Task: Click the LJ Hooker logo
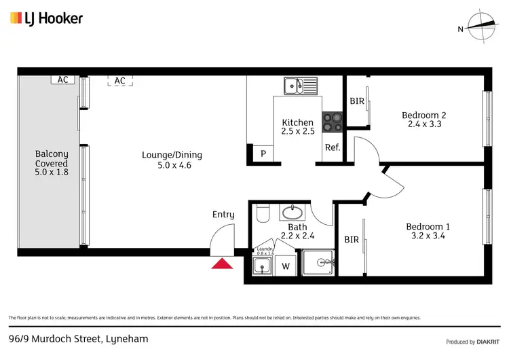coord(46,18)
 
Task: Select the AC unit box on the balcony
coord(63,79)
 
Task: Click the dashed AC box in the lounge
coord(120,81)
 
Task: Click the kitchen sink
coord(300,86)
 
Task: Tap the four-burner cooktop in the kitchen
coord(332,121)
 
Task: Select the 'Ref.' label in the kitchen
coord(332,147)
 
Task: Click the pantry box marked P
coord(263,154)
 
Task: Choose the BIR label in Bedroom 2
coord(356,101)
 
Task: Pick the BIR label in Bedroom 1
coord(351,239)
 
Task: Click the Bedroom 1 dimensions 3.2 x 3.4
coord(428,236)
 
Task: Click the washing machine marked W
coord(286,266)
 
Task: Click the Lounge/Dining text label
coord(172,155)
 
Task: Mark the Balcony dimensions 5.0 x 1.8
coord(52,173)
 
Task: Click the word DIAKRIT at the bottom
coord(487,341)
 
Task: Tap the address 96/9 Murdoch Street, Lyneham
coord(78,338)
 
